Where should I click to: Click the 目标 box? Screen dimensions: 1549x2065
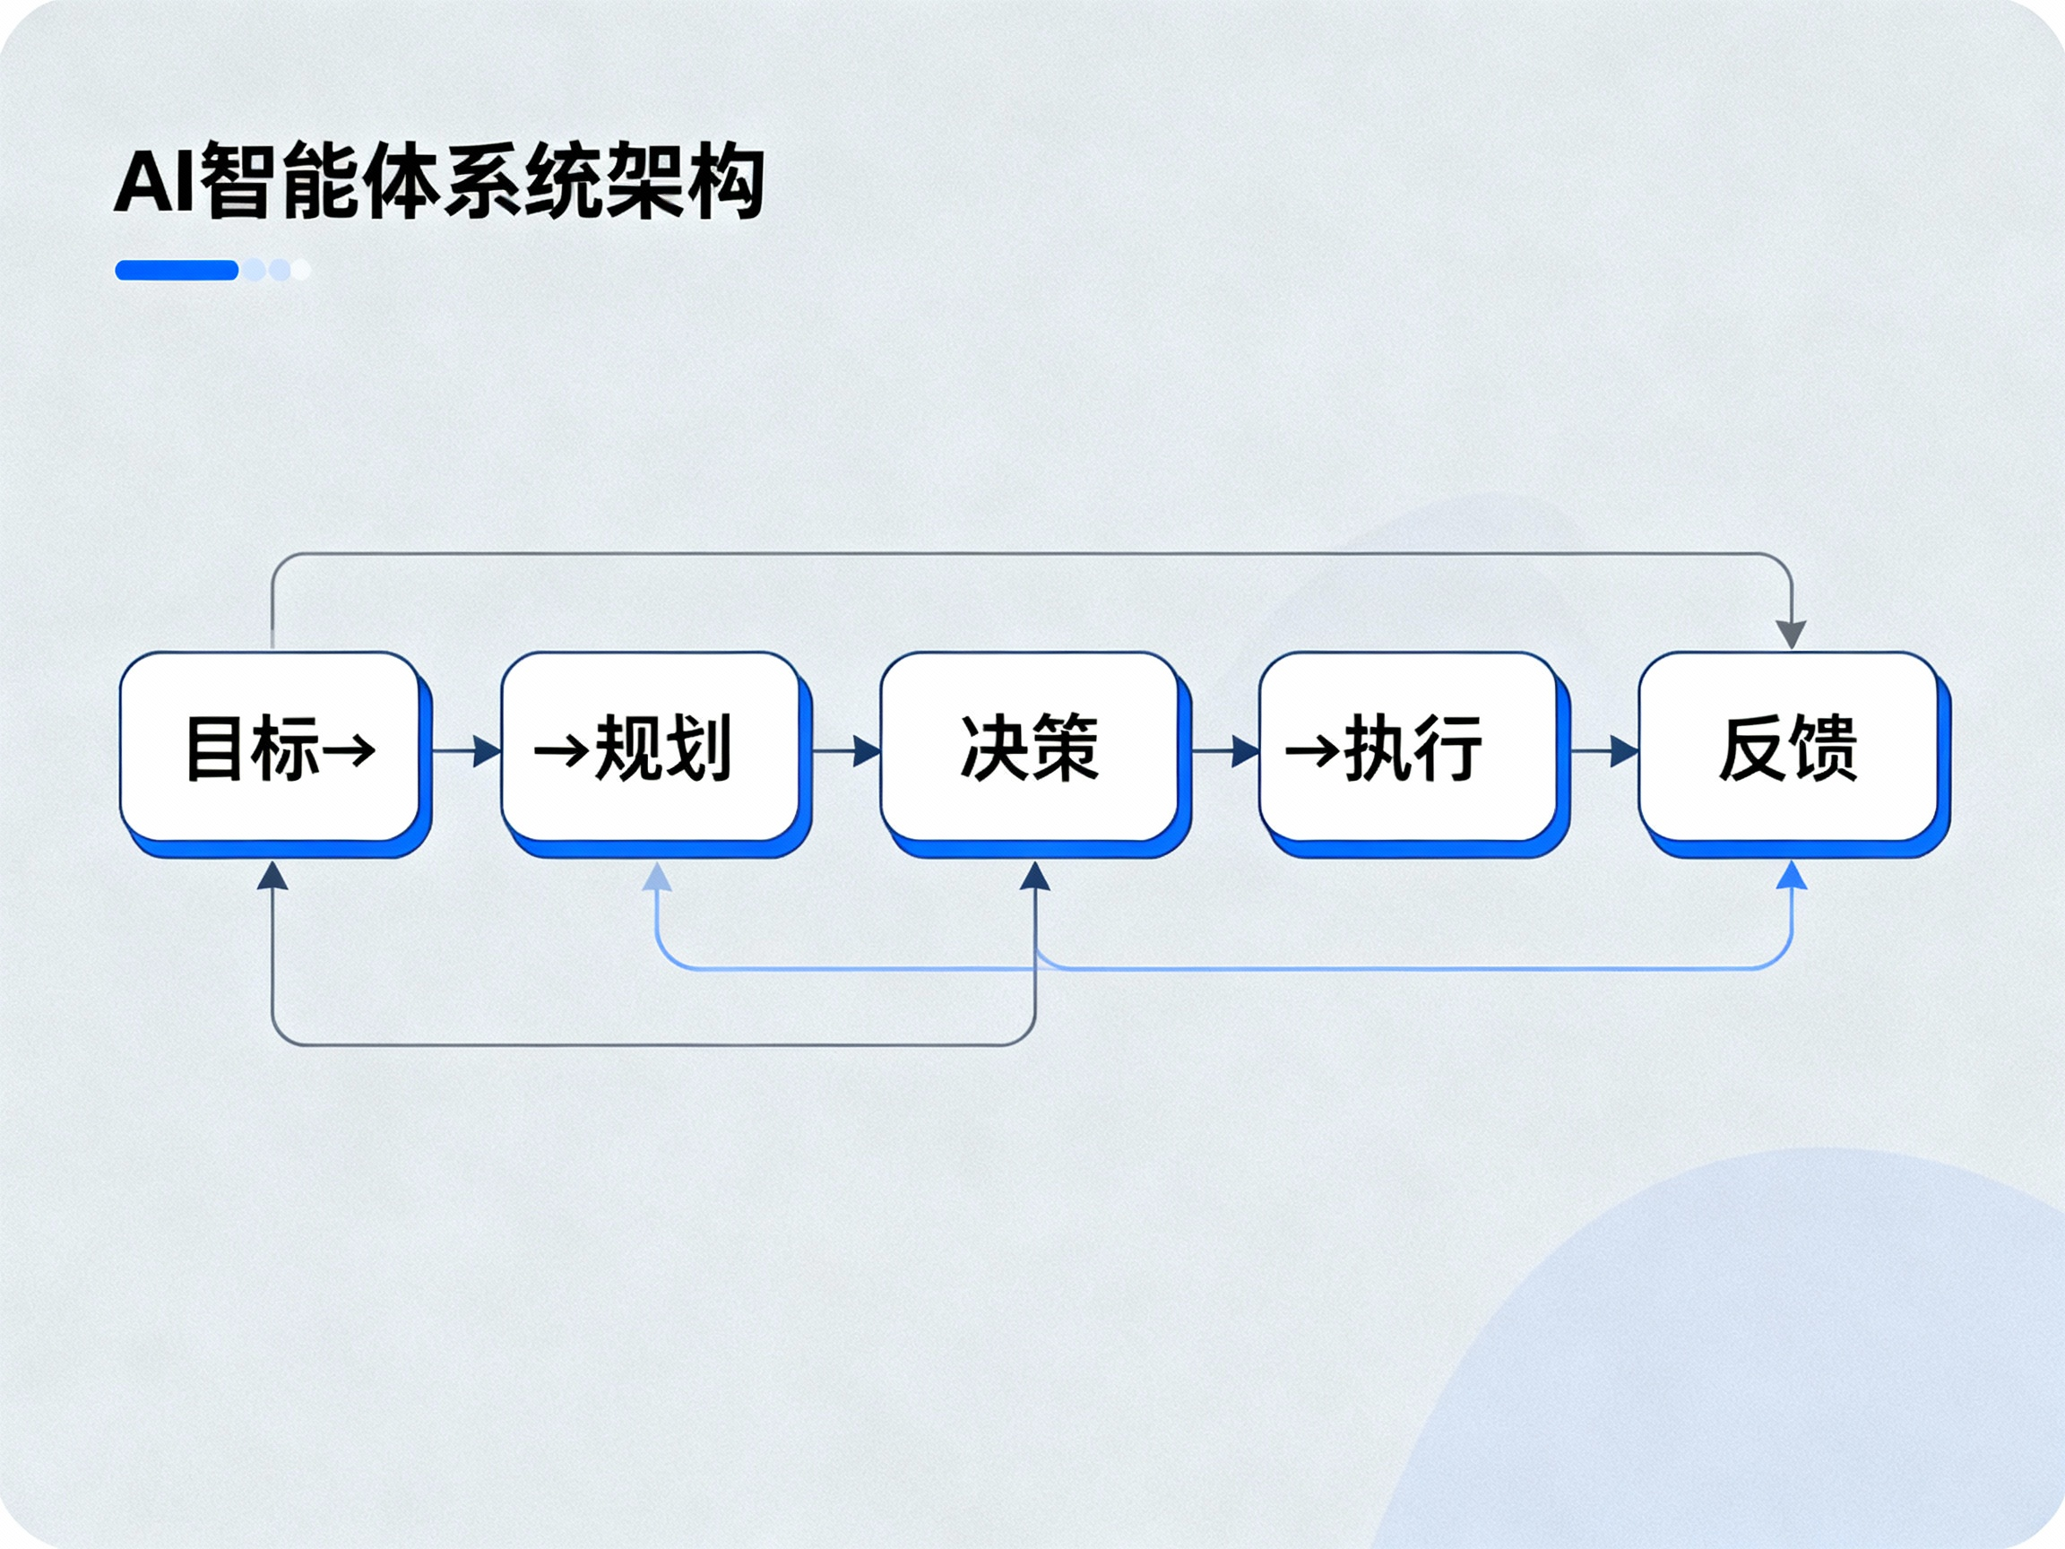coord(271,747)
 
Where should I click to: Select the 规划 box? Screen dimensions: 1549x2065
coord(651,747)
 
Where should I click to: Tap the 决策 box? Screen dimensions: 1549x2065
coord(1030,747)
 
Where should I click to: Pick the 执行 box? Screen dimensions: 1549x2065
coord(1409,747)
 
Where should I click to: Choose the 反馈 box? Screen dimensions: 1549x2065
coord(1789,747)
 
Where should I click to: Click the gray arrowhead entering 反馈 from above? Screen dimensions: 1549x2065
coord(1791,633)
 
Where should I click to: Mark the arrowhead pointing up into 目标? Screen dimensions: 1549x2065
coord(272,876)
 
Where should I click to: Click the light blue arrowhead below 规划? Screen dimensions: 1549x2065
coord(657,876)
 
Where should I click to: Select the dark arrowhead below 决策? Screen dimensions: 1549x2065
coord(1034,876)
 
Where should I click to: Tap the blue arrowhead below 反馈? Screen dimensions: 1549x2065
coord(1792,876)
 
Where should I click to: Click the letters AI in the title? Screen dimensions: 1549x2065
coord(155,182)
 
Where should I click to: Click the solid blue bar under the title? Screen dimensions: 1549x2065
coord(177,270)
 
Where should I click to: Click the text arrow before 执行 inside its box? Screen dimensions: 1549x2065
coord(1311,750)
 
